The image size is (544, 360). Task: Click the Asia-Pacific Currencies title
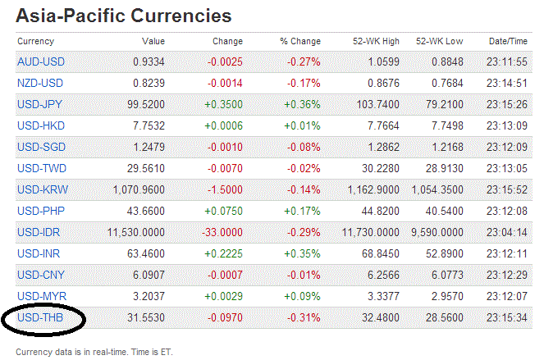123,16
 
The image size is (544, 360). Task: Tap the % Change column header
300,41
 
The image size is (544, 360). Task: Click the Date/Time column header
509,41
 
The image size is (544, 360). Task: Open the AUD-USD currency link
40,62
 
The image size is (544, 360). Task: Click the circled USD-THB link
40,317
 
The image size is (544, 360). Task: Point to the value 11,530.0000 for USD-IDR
134,232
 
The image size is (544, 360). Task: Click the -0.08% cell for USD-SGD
304,147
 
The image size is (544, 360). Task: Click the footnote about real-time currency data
94,351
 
